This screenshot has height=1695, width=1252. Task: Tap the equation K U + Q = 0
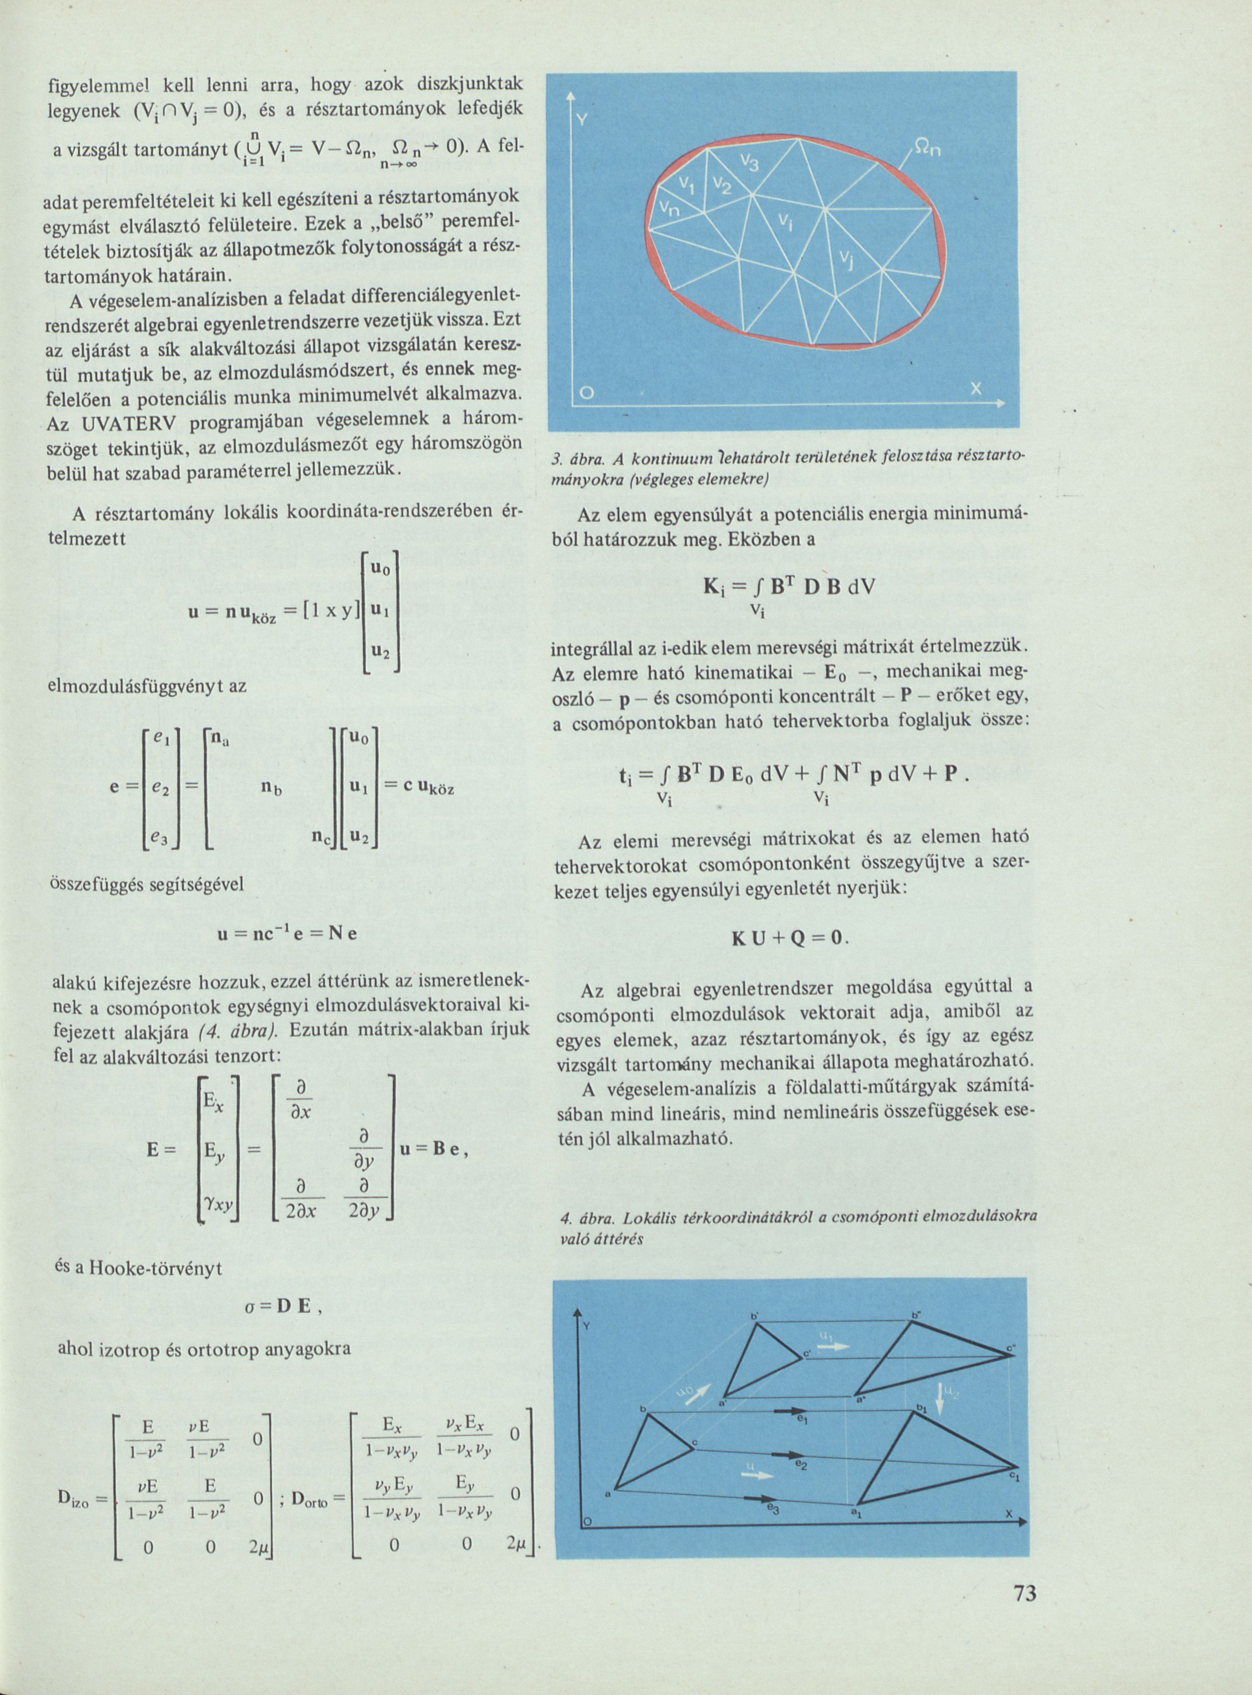tap(788, 938)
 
